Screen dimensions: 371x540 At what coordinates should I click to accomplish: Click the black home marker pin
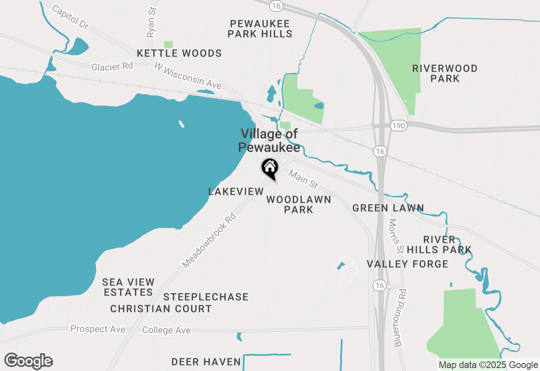click(x=270, y=168)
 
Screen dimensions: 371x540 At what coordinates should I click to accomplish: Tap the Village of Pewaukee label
click(x=269, y=140)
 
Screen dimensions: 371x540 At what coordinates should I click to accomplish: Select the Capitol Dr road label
click(x=70, y=17)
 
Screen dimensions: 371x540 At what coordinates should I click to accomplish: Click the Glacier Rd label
click(x=112, y=66)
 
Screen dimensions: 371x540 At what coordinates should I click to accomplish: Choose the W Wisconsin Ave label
click(x=188, y=76)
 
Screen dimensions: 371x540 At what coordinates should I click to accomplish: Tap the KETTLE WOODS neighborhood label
click(x=179, y=54)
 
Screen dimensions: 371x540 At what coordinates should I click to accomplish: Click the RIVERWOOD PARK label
click(x=445, y=73)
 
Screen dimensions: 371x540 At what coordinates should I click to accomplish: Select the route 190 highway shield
click(x=398, y=125)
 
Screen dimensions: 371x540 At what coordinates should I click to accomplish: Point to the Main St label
click(x=303, y=179)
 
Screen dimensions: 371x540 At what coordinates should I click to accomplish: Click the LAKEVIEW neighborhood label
click(x=236, y=192)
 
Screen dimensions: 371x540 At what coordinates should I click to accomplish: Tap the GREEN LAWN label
click(x=388, y=208)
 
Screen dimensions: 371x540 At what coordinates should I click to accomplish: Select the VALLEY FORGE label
click(x=408, y=264)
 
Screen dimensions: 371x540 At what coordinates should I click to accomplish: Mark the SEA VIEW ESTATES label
click(x=129, y=287)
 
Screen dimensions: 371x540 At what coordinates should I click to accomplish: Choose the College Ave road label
click(x=167, y=330)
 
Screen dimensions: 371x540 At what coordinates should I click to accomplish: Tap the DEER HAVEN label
click(x=206, y=362)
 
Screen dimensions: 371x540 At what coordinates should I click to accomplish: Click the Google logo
click(x=28, y=361)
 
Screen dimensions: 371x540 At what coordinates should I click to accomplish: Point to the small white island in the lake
click(x=181, y=124)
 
